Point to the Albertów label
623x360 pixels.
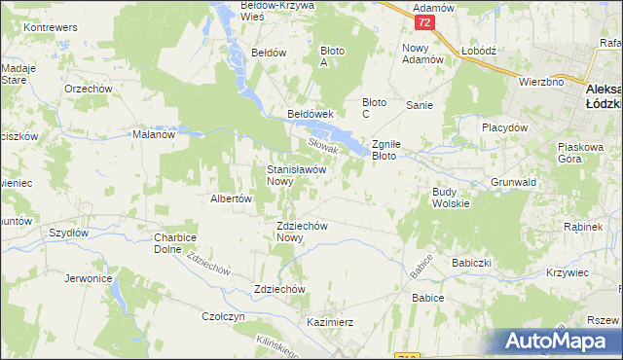point(232,198)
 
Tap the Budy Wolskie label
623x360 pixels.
point(451,198)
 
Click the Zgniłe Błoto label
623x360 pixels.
point(396,149)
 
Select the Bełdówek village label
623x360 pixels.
point(311,114)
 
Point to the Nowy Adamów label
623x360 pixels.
point(422,53)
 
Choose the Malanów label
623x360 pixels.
point(153,135)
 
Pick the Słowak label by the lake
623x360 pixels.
point(322,146)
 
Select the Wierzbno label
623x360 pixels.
point(541,82)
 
